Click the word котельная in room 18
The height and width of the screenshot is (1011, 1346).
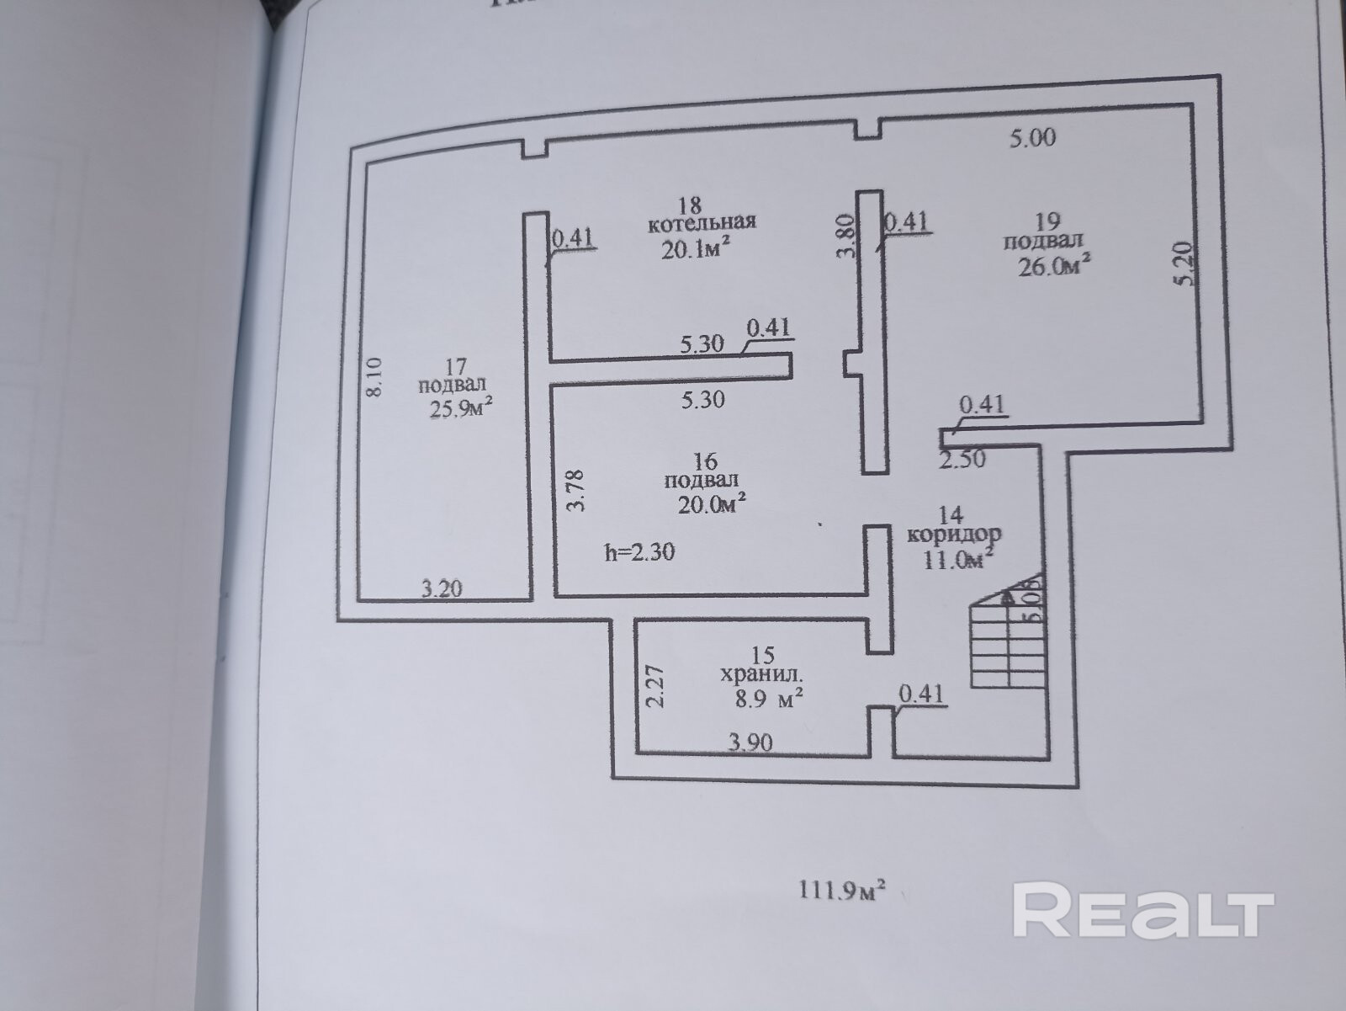coord(702,222)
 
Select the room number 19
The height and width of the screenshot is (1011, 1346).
coord(1047,221)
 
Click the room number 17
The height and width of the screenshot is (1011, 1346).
coord(455,367)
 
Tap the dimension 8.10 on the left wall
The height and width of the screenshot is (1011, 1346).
coord(375,378)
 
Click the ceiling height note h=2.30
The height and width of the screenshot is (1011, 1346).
coord(639,552)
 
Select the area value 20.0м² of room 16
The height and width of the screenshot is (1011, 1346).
coord(712,503)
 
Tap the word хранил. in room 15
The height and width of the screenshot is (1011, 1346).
coord(762,674)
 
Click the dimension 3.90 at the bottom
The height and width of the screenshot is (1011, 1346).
coord(750,742)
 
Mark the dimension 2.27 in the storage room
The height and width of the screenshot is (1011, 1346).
coord(655,687)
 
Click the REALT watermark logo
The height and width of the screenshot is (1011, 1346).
coord(1142,909)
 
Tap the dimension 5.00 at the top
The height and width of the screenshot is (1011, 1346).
coord(1032,137)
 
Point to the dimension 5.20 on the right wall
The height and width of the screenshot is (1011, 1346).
coord(1184,264)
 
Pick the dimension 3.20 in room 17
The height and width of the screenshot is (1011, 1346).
coord(441,588)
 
